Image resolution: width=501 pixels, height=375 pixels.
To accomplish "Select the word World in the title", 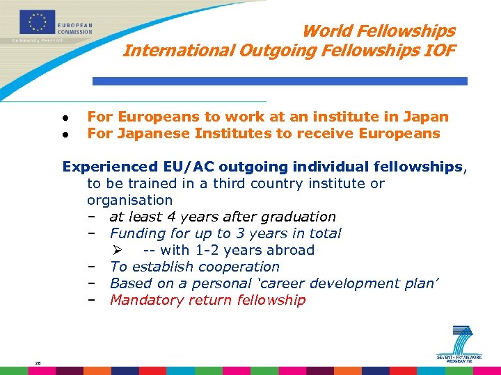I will [x=328, y=31].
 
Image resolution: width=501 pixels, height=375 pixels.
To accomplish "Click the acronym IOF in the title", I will [x=438, y=51].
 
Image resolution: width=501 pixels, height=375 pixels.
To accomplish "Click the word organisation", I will [x=129, y=200].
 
